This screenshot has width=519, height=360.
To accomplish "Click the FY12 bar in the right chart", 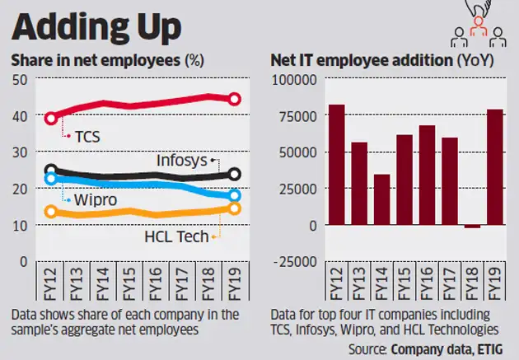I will click(x=336, y=165).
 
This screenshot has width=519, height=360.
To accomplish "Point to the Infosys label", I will click(x=182, y=160).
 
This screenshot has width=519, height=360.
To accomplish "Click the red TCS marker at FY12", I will click(x=51, y=118).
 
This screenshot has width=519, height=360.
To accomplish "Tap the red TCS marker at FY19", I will click(x=234, y=99).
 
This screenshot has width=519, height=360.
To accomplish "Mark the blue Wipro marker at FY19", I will click(x=234, y=196).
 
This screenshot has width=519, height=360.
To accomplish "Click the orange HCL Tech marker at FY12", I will click(x=51, y=212).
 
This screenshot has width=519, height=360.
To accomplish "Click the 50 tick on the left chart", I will click(x=19, y=79).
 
